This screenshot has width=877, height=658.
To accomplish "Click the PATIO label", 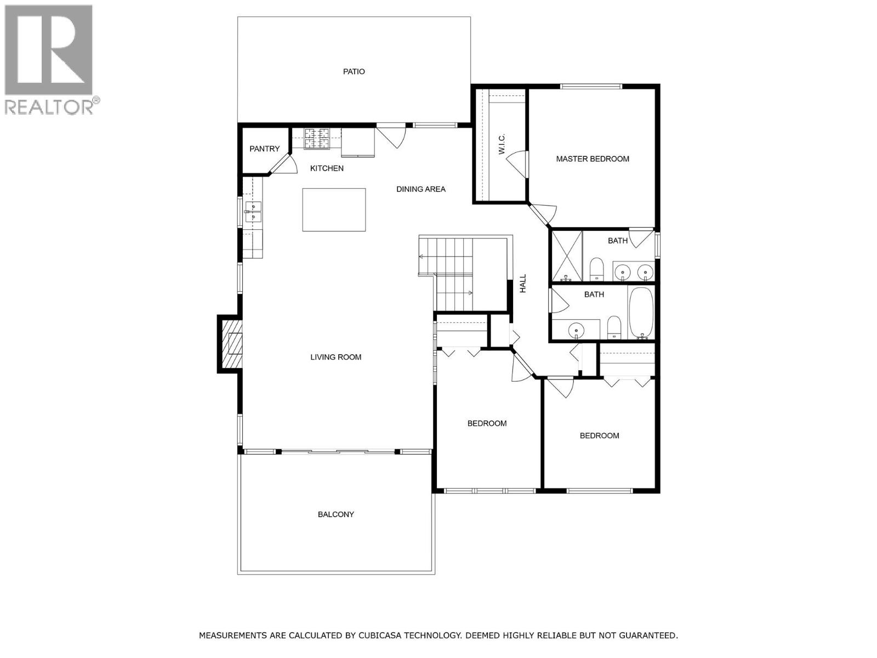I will click(354, 71).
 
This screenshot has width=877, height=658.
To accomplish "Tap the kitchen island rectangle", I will click(334, 209).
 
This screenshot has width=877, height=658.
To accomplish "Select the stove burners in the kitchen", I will click(317, 138).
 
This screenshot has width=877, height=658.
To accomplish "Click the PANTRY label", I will click(264, 149).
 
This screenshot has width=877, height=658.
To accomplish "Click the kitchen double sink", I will click(253, 212).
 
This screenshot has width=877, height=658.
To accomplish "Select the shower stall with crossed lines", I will click(566, 256).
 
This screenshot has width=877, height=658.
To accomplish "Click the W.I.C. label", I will click(502, 144).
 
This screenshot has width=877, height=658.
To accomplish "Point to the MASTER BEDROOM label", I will click(592, 159).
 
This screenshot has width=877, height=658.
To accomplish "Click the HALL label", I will click(523, 283).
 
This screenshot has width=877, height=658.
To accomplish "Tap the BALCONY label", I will click(335, 514).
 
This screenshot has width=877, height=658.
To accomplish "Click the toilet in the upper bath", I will click(596, 269).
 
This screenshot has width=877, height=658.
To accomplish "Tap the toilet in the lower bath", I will click(613, 327).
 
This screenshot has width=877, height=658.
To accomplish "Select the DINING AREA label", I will click(420, 189).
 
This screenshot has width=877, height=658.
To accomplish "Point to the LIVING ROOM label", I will click(335, 357).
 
